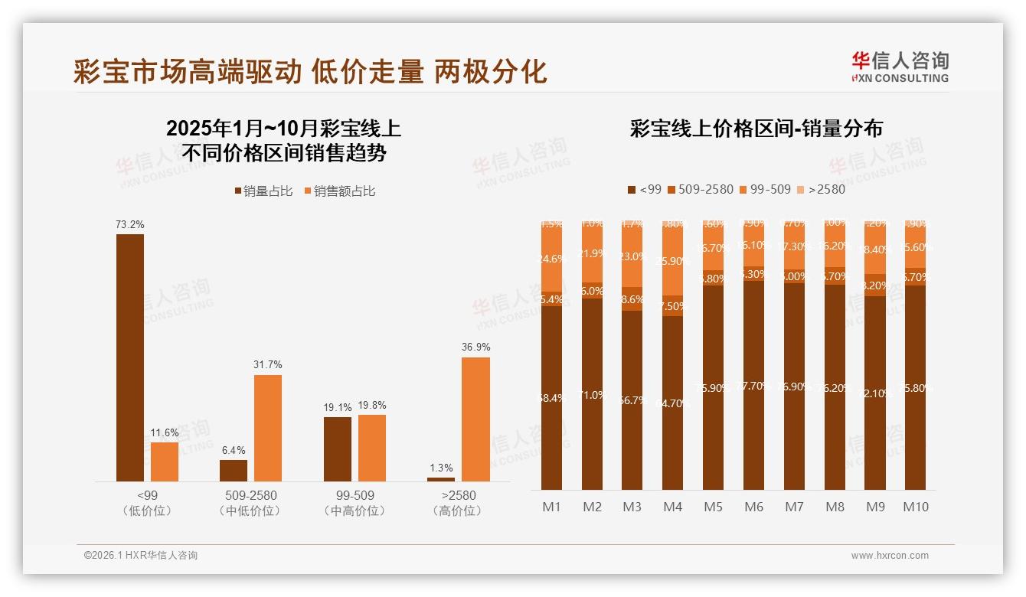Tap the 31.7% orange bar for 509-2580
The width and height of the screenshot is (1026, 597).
[268, 428]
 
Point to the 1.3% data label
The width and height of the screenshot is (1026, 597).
[441, 468]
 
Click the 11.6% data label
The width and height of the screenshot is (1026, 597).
[165, 432]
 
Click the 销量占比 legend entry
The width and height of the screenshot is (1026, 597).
[263, 191]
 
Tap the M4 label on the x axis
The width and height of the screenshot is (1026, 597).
[672, 507]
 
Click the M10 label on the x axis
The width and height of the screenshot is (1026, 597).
[915, 507]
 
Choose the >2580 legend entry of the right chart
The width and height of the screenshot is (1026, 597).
[820, 189]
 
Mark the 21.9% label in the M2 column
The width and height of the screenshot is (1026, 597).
[592, 253]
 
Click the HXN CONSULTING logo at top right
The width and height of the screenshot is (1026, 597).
[900, 67]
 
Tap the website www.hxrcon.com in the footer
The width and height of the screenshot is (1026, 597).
[889, 556]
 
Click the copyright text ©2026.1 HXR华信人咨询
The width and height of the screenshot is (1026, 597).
[141, 556]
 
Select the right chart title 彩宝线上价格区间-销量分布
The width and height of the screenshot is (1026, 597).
[756, 129]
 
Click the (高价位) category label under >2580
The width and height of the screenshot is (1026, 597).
[458, 511]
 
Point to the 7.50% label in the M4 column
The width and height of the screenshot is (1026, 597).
[674, 306]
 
